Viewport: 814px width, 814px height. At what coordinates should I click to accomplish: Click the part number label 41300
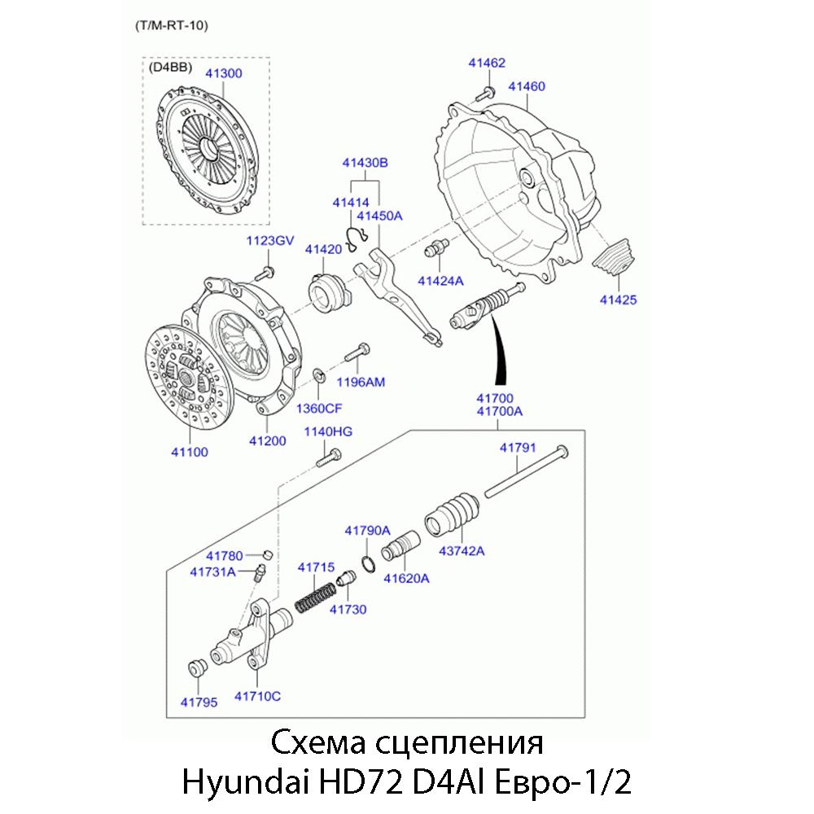tap(223, 73)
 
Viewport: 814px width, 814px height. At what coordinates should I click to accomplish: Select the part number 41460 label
tap(527, 86)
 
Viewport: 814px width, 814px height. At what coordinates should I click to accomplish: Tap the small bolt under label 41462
tap(488, 92)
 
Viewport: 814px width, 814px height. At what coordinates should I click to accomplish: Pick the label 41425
tap(618, 300)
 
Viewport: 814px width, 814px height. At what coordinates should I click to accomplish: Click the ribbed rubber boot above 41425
tap(615, 257)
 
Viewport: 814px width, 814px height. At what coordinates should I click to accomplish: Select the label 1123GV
tap(269, 242)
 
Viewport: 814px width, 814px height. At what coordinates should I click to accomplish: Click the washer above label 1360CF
tap(320, 375)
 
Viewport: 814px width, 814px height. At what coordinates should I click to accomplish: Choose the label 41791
tap(517, 447)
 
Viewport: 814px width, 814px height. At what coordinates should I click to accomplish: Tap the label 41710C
tap(257, 696)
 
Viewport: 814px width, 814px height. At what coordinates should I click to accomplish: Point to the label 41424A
tap(440, 281)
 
